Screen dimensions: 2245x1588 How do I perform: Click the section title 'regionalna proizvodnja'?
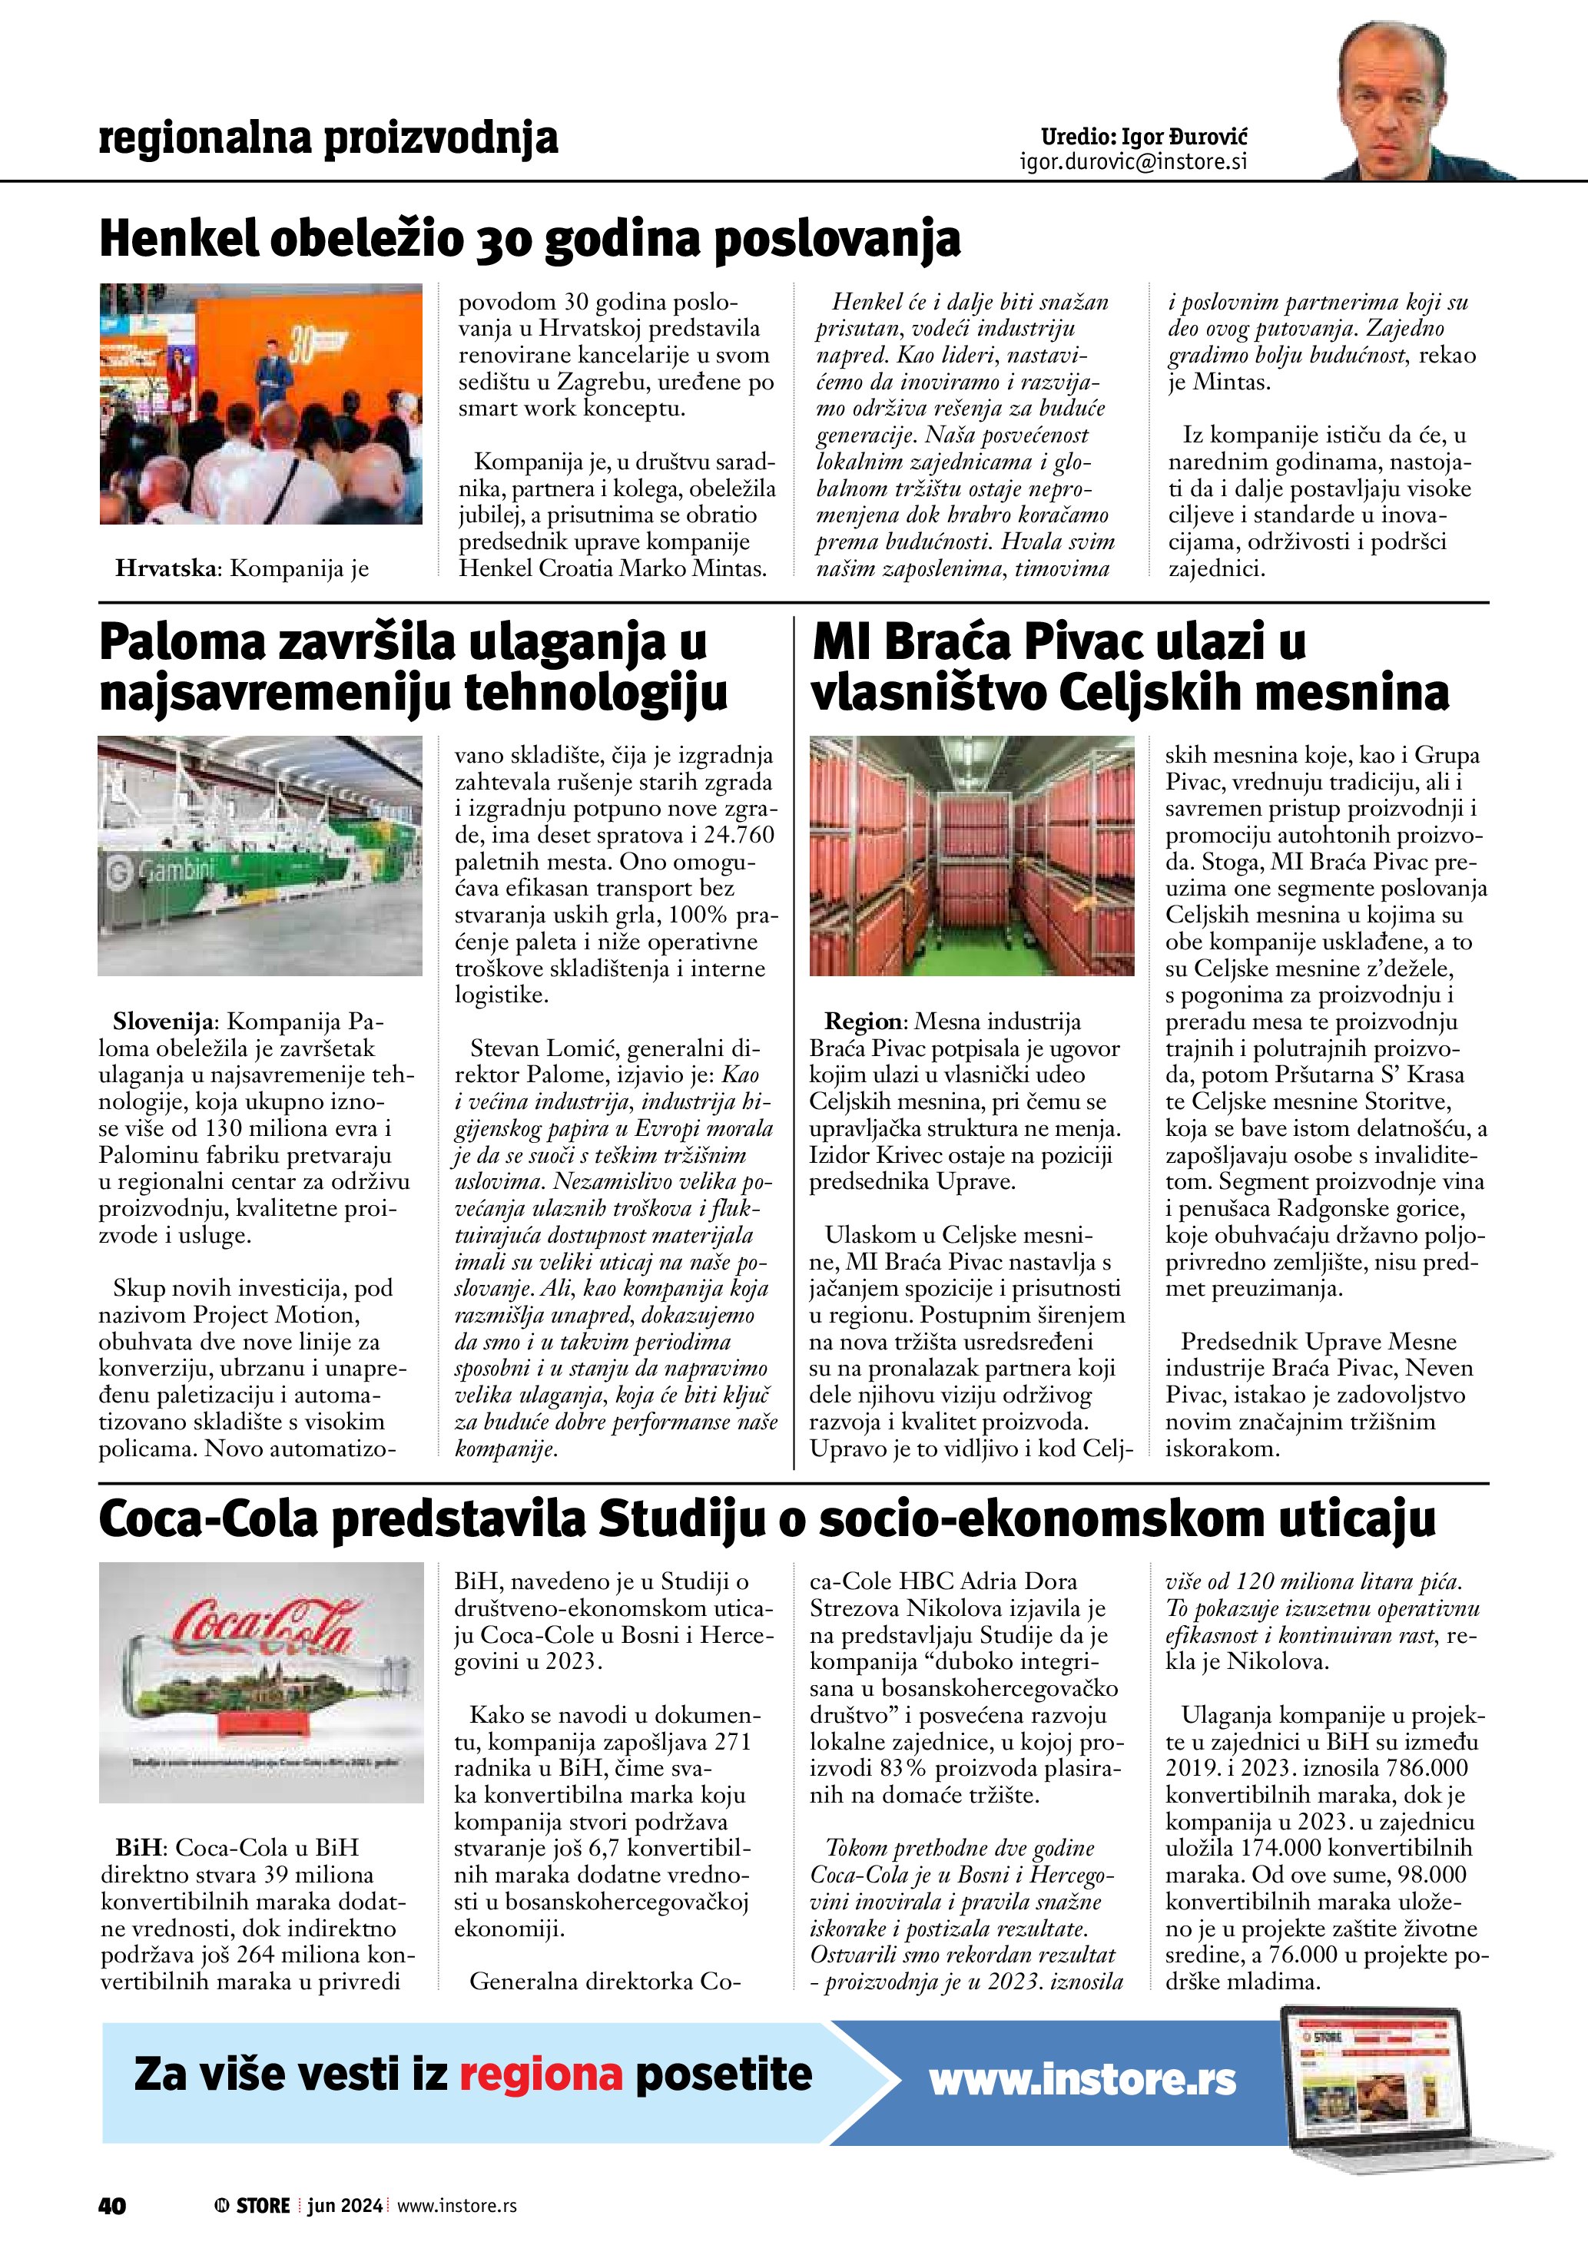click(329, 139)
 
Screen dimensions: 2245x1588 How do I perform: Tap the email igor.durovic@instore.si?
click(1133, 162)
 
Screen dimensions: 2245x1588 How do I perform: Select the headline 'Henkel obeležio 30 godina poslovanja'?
click(530, 240)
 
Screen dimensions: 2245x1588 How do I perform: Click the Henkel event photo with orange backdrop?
click(261, 404)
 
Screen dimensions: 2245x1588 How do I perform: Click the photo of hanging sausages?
click(972, 855)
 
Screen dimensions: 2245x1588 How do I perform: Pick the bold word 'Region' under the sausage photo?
click(864, 1022)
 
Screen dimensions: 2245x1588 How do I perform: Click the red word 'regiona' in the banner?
click(541, 2073)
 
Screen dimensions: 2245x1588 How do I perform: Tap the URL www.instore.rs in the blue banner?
click(1082, 2079)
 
